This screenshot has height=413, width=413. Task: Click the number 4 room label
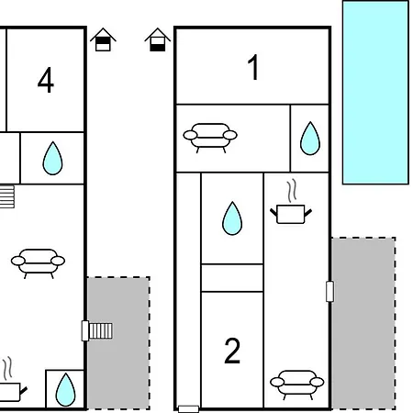[x=46, y=80]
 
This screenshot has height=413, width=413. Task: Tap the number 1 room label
[x=253, y=67]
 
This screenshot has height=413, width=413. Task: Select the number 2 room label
[x=232, y=351]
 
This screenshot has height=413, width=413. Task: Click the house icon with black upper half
[x=103, y=39]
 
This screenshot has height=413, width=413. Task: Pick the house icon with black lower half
[x=158, y=39]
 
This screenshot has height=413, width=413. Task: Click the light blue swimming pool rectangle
[x=375, y=93]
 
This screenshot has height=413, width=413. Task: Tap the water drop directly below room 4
[x=52, y=158]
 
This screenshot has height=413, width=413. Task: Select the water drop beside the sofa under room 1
[x=310, y=139]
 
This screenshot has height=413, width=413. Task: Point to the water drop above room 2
[x=232, y=218]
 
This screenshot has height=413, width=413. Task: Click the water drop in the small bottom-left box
[x=65, y=389]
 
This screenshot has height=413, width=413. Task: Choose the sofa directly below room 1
[x=210, y=138]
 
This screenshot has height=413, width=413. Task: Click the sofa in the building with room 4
[x=38, y=263]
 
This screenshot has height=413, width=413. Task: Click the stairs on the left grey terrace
[x=101, y=330]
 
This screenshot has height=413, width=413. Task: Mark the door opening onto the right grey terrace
[x=329, y=292]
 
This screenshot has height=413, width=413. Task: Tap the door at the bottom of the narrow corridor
[x=188, y=408]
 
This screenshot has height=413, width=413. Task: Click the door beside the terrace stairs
[x=85, y=330]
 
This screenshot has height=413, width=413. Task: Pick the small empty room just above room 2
[x=232, y=278]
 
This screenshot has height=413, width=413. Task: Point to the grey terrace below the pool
[x=363, y=323]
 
